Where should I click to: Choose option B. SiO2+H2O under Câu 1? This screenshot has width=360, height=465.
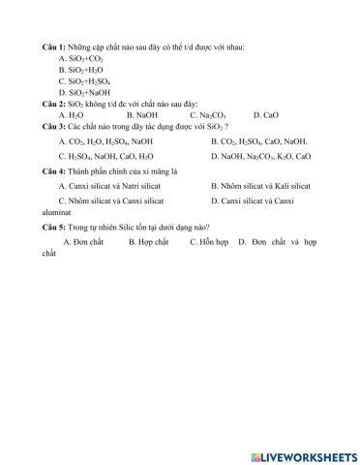tap(80, 70)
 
